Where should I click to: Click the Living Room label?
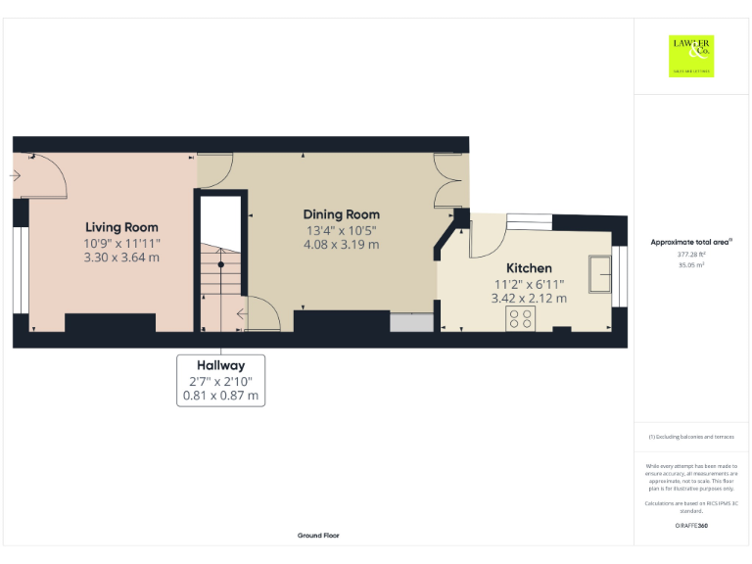point(121,226)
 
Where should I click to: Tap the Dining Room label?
point(341,214)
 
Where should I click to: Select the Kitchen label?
point(529,268)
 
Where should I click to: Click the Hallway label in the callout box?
point(219,365)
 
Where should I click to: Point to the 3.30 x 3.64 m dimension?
point(121,258)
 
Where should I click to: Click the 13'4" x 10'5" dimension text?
point(341,230)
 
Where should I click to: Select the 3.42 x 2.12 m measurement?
point(529,298)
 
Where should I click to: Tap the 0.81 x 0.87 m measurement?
point(220,396)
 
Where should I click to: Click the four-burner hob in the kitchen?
point(520,318)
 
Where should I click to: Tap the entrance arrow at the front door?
point(16,176)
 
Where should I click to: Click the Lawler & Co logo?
point(691,56)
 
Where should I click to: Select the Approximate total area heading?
point(691,241)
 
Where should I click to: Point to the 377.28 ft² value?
point(691,254)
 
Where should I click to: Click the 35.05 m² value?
point(691,264)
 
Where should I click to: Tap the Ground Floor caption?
point(318,536)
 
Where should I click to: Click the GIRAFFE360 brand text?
point(691,526)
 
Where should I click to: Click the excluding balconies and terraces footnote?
point(691,437)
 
